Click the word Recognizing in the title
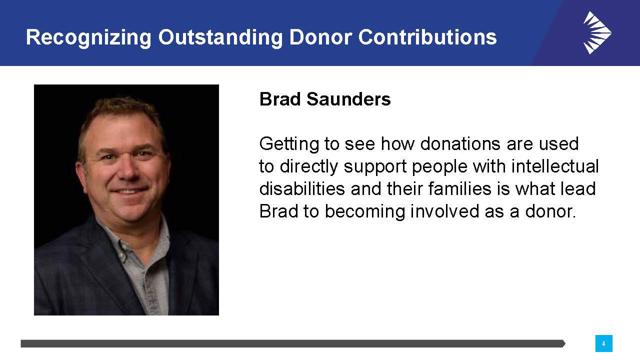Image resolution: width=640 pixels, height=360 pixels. (88, 38)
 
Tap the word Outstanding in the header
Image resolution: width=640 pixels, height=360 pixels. (220, 37)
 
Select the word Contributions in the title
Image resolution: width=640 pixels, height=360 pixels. (427, 37)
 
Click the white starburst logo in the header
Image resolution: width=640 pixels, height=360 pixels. (597, 32)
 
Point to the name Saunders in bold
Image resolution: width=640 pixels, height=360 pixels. (348, 99)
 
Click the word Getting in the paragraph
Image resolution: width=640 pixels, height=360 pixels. (289, 144)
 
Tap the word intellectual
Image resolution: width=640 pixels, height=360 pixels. (555, 166)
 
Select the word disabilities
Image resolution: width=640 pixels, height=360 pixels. (302, 188)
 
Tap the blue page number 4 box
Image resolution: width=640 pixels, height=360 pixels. (603, 343)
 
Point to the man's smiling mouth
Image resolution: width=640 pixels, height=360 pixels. (129, 190)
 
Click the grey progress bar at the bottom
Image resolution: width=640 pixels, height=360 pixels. (293, 343)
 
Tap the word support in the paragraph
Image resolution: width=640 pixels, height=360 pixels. (375, 167)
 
